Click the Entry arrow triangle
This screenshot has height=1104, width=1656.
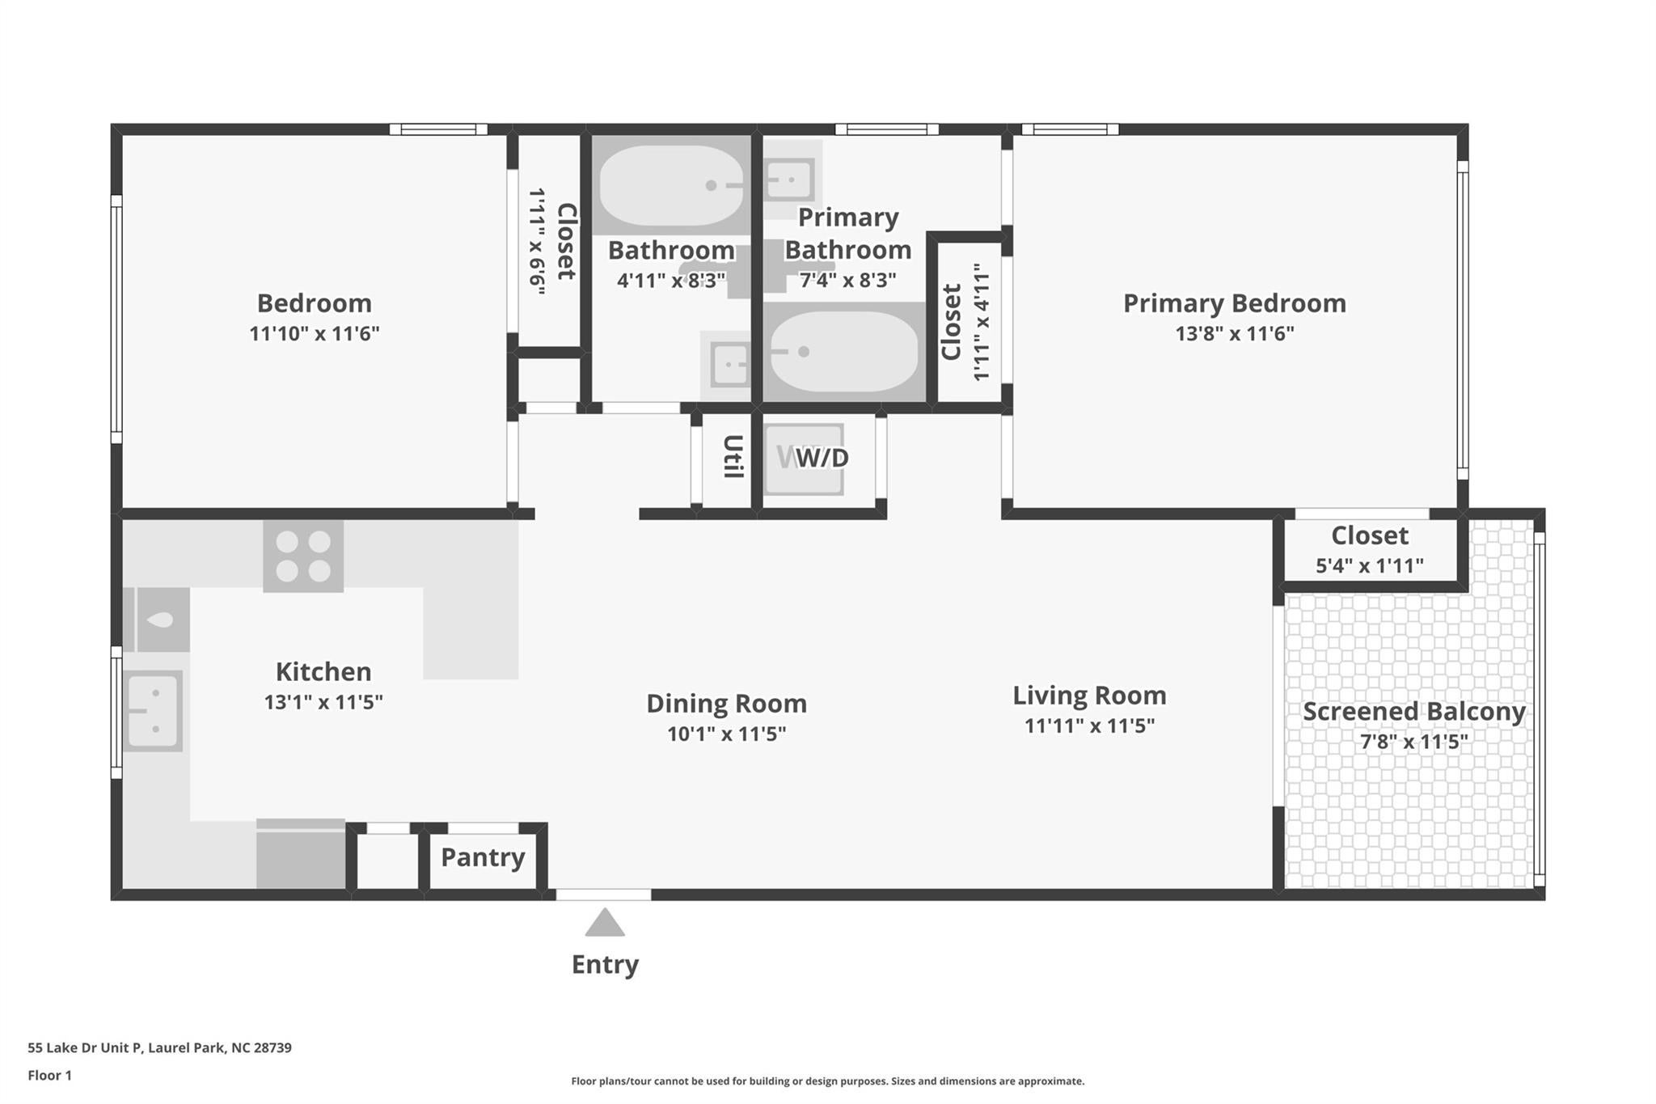tap(604, 923)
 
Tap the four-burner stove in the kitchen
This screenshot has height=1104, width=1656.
tap(303, 556)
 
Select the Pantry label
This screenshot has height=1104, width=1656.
tap(483, 857)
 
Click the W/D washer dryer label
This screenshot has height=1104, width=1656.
tap(822, 459)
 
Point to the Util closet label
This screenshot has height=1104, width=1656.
tap(732, 457)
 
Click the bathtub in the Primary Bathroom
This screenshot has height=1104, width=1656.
tap(843, 352)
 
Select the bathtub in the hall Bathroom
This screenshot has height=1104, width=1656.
tap(670, 185)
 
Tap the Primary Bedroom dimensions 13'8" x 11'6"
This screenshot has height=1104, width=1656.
tap(1234, 333)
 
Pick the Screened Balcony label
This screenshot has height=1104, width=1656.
tap(1413, 712)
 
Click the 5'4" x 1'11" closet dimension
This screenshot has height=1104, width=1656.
tap(1370, 566)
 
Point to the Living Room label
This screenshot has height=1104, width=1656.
tap(1089, 696)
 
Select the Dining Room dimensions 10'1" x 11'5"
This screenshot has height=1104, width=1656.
tap(726, 734)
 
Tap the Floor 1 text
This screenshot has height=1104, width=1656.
tap(49, 1076)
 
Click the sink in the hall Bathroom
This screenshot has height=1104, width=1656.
tap(729, 365)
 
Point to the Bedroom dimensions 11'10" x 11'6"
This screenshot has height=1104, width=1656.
tap(314, 333)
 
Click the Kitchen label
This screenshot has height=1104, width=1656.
tap(323, 672)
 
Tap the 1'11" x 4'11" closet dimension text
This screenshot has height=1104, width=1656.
tap(981, 322)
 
